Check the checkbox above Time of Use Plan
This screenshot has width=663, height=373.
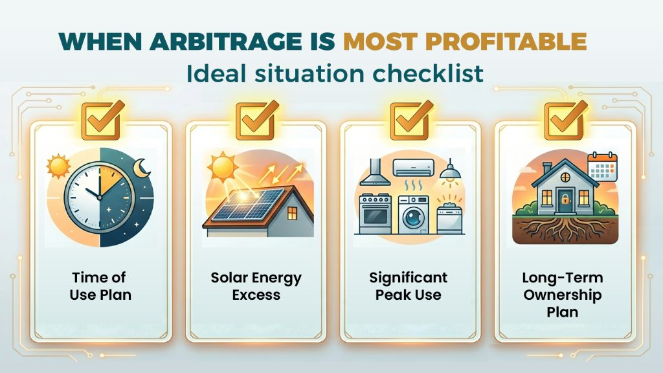[x=99, y=120]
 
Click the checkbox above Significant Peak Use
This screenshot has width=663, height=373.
[x=409, y=120]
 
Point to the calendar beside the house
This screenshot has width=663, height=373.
[x=603, y=167]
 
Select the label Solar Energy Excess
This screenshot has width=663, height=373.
[x=256, y=286]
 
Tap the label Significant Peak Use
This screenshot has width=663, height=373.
[x=408, y=286]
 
